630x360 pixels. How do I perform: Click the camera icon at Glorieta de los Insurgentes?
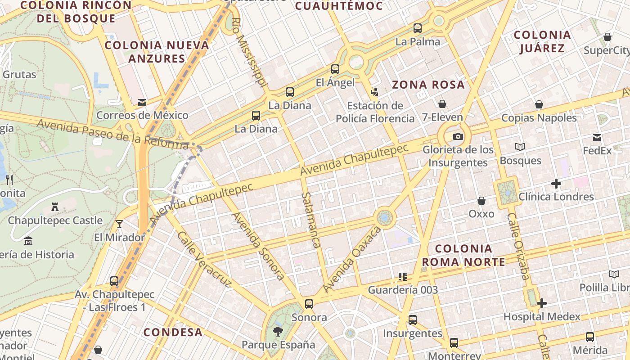[458, 136]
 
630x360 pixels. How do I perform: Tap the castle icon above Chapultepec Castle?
[55, 207]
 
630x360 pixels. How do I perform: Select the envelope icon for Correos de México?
[142, 102]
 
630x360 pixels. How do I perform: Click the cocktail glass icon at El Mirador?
[119, 224]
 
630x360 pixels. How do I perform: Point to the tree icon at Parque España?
[278, 332]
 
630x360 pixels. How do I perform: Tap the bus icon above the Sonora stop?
[309, 304]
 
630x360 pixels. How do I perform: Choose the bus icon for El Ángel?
[335, 69]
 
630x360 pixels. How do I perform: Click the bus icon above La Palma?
[418, 28]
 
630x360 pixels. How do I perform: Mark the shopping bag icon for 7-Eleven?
[442, 104]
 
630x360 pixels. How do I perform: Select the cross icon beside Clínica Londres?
[556, 184]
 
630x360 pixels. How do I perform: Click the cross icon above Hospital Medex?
[542, 303]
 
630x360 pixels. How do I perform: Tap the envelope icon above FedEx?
[597, 137]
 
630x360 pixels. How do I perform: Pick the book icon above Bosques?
[520, 147]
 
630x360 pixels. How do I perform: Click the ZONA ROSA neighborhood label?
[428, 85]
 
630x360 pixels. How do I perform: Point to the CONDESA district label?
[173, 332]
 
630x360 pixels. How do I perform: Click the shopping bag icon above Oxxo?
[481, 200]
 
